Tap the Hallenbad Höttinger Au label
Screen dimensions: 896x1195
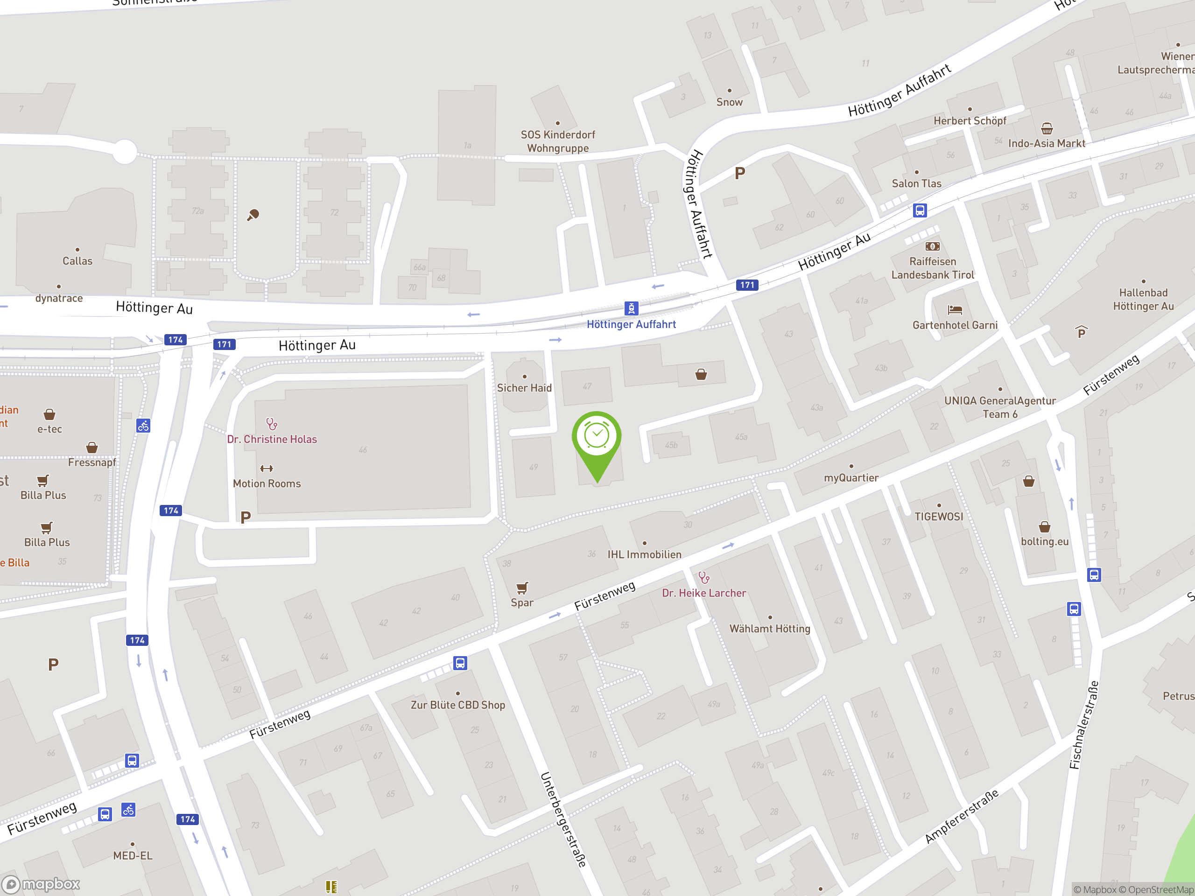1143,299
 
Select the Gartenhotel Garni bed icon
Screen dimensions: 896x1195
955,309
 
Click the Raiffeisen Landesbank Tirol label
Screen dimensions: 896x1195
933,268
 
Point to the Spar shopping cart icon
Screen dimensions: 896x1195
522,588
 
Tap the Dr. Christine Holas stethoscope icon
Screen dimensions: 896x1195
272,424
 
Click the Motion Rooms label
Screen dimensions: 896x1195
267,483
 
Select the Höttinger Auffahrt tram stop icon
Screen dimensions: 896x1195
631,308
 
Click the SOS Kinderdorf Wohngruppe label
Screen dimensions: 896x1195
557,141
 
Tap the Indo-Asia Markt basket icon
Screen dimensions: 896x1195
1047,128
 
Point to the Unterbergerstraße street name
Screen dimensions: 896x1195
563,819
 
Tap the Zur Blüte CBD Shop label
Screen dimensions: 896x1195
457,705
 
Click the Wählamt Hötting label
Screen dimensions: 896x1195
769,629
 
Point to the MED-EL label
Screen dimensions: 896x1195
133,855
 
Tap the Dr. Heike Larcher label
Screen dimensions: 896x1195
704,593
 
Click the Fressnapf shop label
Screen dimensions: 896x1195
92,462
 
